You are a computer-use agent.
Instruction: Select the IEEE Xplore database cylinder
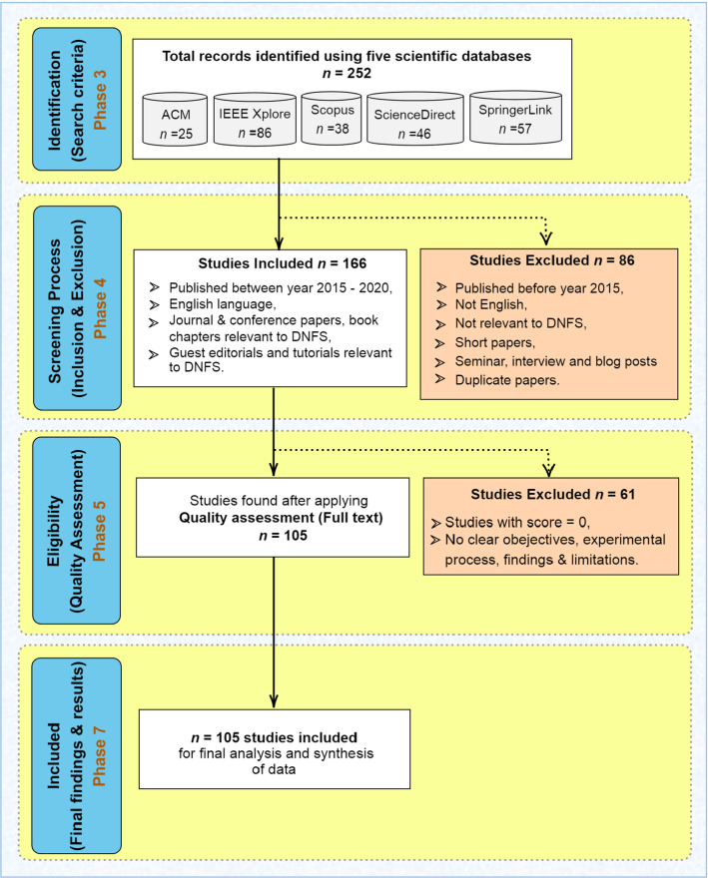pyautogui.click(x=253, y=121)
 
